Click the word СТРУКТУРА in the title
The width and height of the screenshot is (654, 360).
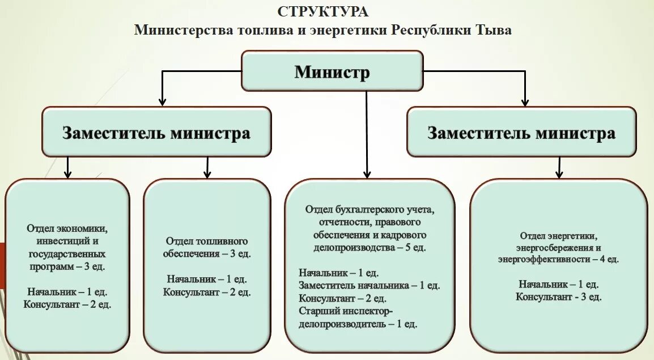pos(323,11)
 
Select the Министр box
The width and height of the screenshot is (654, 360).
pos(332,71)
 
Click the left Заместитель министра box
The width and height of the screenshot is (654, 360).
pos(156,133)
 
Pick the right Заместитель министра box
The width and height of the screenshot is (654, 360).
pos(521,133)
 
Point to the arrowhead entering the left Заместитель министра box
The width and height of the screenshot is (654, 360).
pos(163,101)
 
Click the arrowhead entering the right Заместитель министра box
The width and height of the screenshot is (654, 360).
pos(525,101)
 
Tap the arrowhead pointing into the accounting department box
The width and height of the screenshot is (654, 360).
pos(367,174)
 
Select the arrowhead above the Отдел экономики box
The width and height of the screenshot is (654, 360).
pos(67,174)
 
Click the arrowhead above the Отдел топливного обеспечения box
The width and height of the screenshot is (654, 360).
pos(207,174)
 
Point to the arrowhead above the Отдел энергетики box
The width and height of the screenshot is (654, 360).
pos(559,174)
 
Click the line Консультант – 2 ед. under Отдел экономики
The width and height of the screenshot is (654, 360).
pos(67,304)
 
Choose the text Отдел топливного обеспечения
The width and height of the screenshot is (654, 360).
pos(206,247)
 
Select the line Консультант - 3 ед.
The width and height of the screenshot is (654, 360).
pos(559,297)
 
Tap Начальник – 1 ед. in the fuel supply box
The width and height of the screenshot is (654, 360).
pos(207,279)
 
